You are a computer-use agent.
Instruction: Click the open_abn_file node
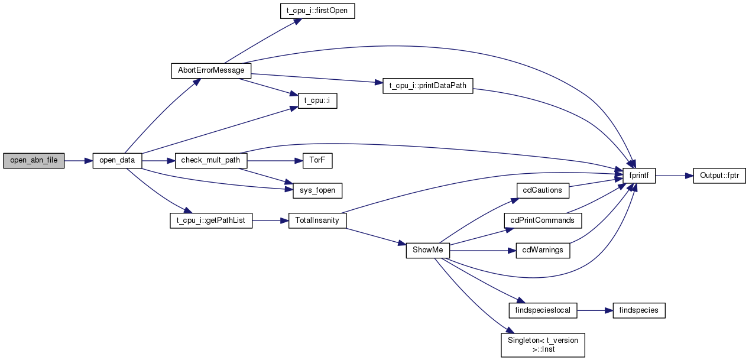pyautogui.click(x=34, y=161)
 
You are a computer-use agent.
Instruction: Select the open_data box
pyautogui.click(x=118, y=161)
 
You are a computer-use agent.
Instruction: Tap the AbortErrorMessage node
pyautogui.click(x=211, y=71)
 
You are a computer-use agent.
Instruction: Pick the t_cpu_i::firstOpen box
pyautogui.click(x=317, y=11)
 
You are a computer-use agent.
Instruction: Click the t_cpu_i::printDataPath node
pyautogui.click(x=428, y=86)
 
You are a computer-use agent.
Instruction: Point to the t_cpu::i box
pyautogui.click(x=317, y=101)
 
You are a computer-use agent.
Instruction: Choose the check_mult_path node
pyautogui.click(x=211, y=161)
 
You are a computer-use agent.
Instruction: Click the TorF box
pyautogui.click(x=317, y=161)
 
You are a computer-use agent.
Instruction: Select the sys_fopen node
pyautogui.click(x=317, y=190)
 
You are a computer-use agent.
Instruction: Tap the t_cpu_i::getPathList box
pyautogui.click(x=211, y=220)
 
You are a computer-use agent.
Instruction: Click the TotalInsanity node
pyautogui.click(x=317, y=220)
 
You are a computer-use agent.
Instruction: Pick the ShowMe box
pyautogui.click(x=428, y=251)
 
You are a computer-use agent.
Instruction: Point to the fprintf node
pyautogui.click(x=639, y=176)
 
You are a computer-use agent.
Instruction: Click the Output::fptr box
pyautogui.click(x=719, y=176)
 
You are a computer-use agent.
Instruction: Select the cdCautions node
pyautogui.click(x=543, y=190)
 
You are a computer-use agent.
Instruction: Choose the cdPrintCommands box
pyautogui.click(x=543, y=220)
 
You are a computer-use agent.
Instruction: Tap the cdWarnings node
pyautogui.click(x=543, y=251)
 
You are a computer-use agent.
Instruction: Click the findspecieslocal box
pyautogui.click(x=543, y=310)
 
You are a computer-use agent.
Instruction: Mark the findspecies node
pyautogui.click(x=639, y=310)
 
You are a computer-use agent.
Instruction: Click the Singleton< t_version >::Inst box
pyautogui.click(x=543, y=345)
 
